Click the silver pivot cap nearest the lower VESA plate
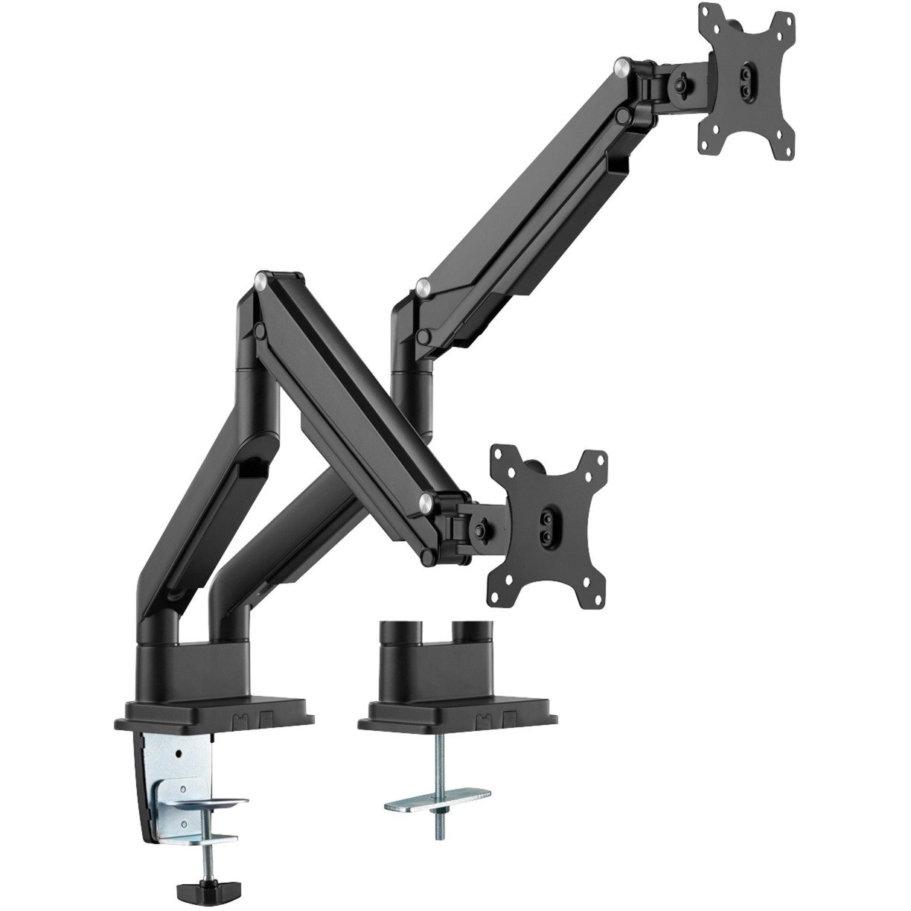pos(424,500)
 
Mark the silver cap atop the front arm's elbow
pos(260,282)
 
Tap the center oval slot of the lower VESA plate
pos(549,520)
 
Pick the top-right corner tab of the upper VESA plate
pos(781,22)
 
